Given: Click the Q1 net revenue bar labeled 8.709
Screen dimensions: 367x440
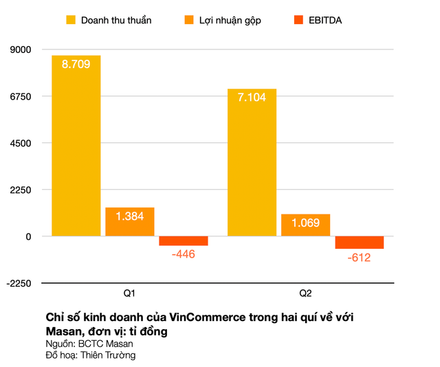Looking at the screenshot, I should (76, 146).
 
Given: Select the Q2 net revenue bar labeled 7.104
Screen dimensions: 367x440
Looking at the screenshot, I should (252, 162).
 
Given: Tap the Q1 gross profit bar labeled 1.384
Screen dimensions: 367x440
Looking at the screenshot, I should (129, 222).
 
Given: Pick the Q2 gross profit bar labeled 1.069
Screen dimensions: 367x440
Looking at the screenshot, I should (305, 225).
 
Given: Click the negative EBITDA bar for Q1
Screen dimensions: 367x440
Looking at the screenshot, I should (183, 241).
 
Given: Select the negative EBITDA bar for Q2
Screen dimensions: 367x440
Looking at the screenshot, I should (359, 243).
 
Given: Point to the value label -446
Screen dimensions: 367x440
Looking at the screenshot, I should (183, 255).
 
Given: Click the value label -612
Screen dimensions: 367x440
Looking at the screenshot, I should (359, 258).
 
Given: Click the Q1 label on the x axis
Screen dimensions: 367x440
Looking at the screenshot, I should (129, 293).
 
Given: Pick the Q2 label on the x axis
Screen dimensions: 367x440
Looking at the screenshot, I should (305, 293).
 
